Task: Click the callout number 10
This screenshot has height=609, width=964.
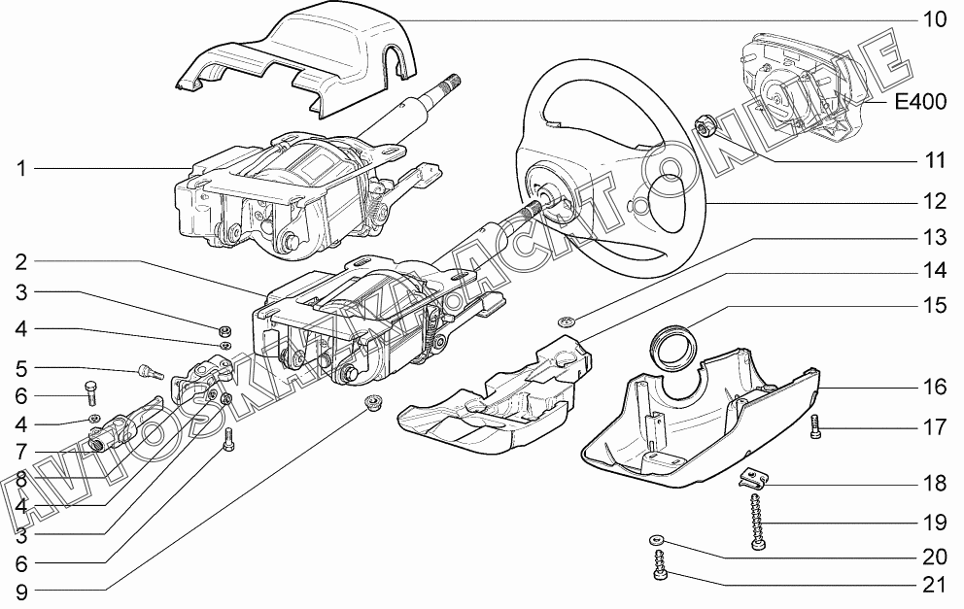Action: pyautogui.click(x=934, y=19)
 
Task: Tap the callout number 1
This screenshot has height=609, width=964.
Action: pyautogui.click(x=19, y=168)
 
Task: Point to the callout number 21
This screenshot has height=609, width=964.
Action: pyautogui.click(x=934, y=585)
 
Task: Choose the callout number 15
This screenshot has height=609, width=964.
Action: pyautogui.click(x=934, y=305)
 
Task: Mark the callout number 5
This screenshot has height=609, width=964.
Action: pyautogui.click(x=19, y=368)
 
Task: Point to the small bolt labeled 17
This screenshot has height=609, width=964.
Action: pyautogui.click(x=815, y=426)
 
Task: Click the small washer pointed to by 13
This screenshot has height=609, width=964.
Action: pyautogui.click(x=567, y=321)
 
